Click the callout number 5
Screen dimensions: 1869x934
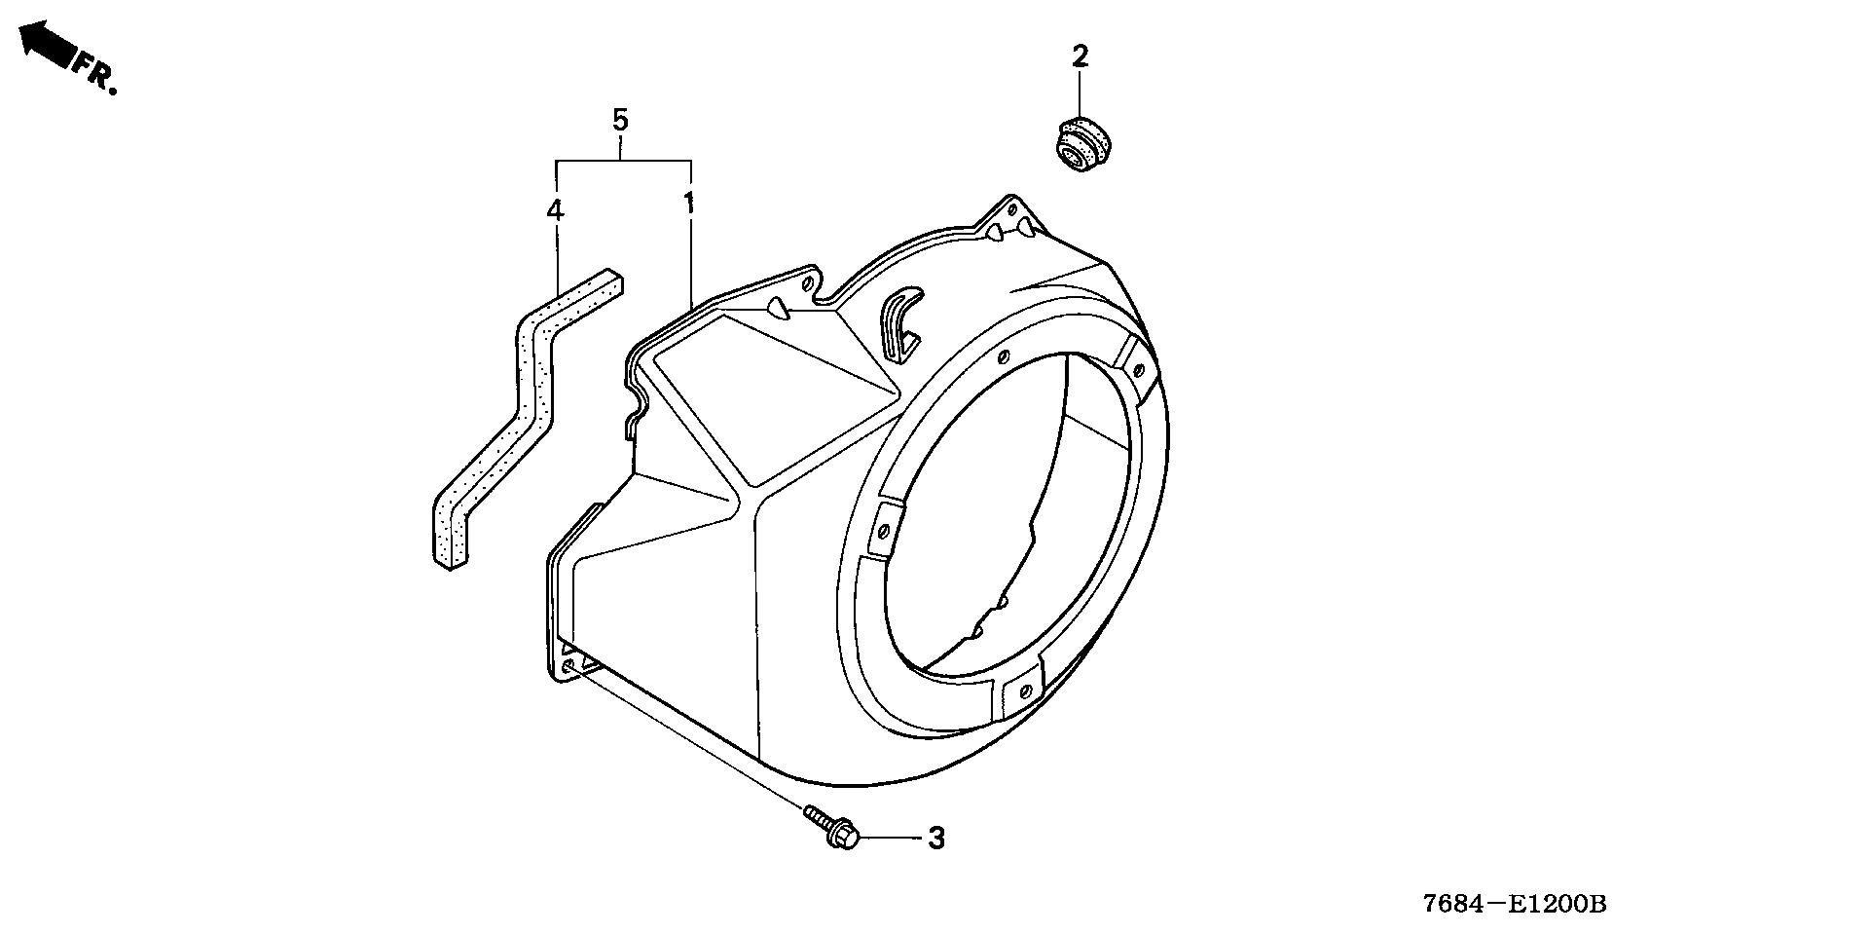pos(620,121)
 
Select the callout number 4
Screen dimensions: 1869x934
pos(555,209)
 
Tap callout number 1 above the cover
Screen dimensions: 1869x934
pos(689,204)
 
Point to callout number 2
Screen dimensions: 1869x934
pos(1080,56)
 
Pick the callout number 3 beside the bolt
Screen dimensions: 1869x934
pos(935,838)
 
